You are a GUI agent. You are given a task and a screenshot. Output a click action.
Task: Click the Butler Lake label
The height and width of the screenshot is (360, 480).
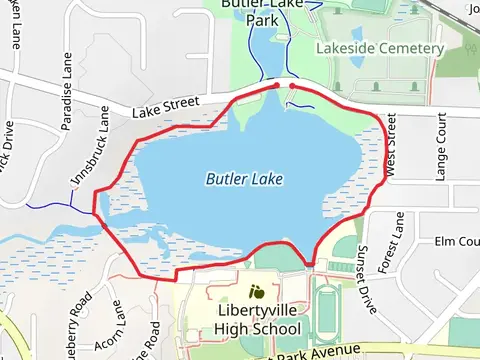click(x=244, y=179)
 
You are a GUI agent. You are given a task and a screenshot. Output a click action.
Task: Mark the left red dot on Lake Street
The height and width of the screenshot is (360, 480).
click(x=277, y=86)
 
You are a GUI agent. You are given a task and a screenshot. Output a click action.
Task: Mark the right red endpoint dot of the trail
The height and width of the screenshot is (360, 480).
click(x=291, y=86)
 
